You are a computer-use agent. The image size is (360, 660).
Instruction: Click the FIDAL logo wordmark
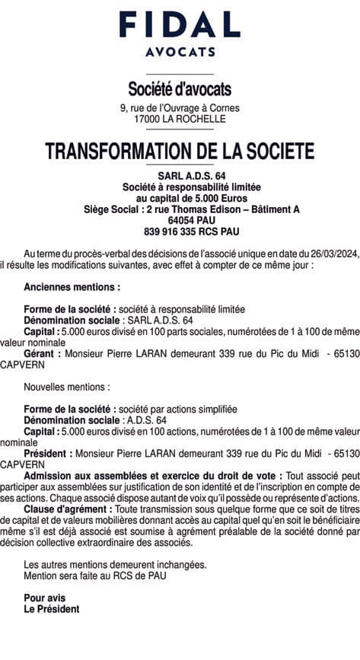point(180,25)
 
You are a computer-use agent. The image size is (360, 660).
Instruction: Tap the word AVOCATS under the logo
point(180,53)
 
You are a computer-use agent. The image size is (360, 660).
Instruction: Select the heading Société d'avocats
point(180,91)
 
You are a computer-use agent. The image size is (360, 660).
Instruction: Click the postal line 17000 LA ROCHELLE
point(180,120)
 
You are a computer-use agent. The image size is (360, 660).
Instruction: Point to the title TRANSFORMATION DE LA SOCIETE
point(180,151)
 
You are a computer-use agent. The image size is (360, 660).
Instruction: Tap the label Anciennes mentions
point(72,288)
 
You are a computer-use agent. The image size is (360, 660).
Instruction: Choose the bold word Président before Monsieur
point(49,454)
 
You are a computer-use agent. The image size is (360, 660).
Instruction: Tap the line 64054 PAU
point(180,219)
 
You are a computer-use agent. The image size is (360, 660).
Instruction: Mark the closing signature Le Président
point(51,609)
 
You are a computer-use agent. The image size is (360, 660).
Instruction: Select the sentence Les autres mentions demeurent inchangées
point(115,565)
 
